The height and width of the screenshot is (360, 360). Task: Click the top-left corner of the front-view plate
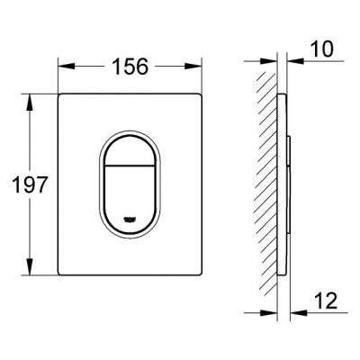point(61,93)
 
